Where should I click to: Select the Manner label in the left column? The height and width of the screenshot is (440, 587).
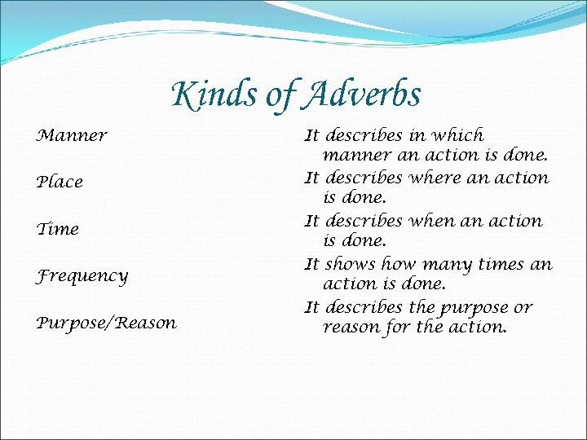72,135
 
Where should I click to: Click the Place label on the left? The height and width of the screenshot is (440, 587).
60,183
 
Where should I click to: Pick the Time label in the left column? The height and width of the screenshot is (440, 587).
58,229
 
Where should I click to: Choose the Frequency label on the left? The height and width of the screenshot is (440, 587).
82,276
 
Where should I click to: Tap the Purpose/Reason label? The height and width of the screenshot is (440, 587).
106,323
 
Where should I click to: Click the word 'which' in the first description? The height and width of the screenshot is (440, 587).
458,135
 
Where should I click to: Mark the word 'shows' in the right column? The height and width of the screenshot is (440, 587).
346,264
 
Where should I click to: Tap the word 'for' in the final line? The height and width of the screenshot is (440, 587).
398,328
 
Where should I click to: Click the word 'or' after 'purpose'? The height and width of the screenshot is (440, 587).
523,308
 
